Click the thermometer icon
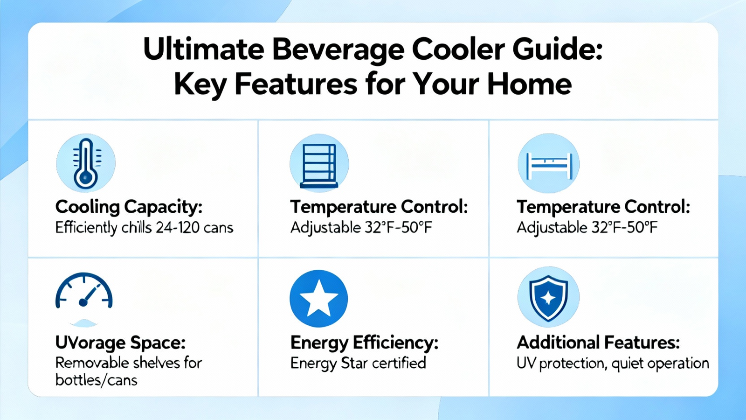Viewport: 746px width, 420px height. click(86, 164)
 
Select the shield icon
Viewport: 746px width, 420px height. click(548, 297)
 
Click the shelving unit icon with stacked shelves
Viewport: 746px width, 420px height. click(319, 166)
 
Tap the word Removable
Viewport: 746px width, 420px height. click(91, 363)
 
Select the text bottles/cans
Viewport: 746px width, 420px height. click(96, 380)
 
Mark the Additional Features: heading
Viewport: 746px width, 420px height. click(598, 343)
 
